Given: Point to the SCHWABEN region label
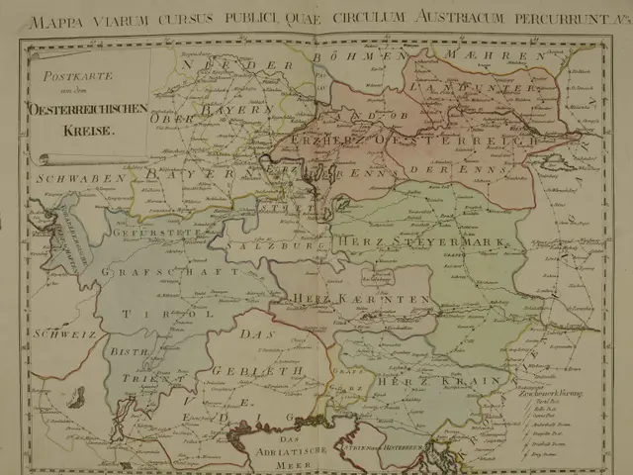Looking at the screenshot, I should (x=68, y=178).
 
